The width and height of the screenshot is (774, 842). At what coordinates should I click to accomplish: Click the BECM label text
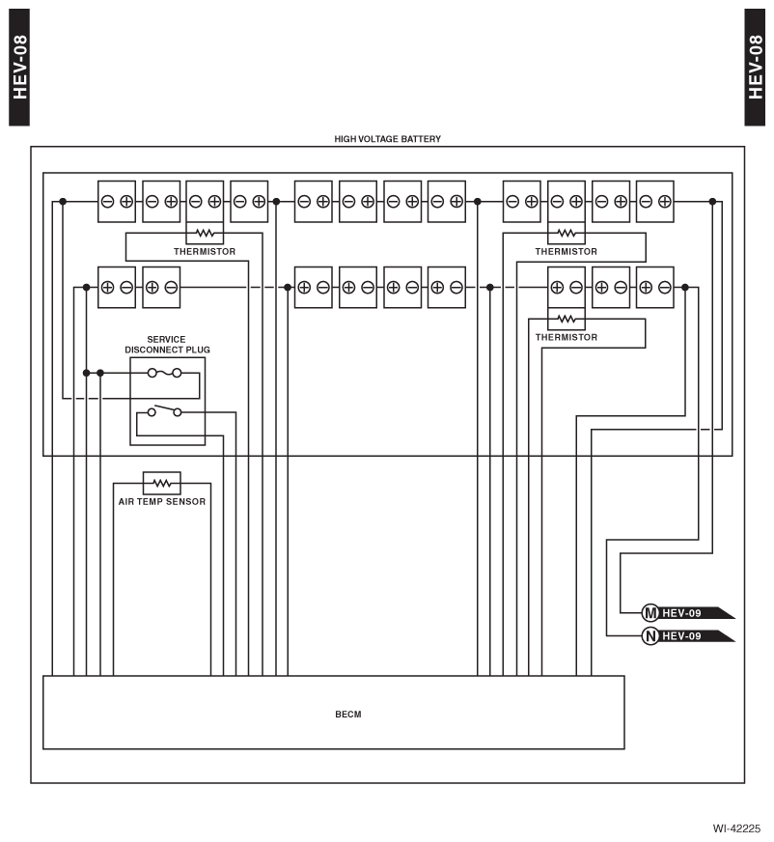click(347, 715)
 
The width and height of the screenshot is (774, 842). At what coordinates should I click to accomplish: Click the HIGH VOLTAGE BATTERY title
click(388, 138)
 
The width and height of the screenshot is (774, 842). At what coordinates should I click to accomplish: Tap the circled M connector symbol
click(650, 613)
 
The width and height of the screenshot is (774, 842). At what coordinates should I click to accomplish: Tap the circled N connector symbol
click(650, 636)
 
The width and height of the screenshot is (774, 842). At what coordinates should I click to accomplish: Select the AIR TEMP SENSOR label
click(161, 501)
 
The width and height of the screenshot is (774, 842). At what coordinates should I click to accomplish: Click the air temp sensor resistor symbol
click(161, 484)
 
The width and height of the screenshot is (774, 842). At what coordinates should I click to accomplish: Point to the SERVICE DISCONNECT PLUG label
click(167, 344)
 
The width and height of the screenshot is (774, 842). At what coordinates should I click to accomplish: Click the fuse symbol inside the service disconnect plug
click(164, 372)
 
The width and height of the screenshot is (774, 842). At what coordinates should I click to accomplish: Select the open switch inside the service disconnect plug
click(164, 410)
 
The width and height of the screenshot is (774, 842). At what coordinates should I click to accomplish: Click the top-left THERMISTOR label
click(205, 251)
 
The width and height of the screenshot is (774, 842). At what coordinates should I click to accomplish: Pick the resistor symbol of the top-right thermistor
click(567, 233)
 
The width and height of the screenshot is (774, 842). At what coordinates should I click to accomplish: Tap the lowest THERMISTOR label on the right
click(567, 337)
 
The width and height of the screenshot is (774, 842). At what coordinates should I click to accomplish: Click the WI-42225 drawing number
click(736, 828)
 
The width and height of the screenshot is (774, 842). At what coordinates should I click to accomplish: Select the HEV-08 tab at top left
click(19, 68)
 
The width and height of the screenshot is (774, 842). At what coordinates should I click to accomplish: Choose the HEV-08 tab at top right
click(755, 68)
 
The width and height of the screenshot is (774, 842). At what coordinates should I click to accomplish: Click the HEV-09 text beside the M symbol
click(681, 613)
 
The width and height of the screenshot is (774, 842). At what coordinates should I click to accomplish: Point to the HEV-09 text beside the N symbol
click(681, 636)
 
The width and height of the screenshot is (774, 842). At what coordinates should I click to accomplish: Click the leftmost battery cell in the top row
click(117, 202)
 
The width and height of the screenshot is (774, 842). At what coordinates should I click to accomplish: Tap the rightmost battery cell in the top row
click(655, 202)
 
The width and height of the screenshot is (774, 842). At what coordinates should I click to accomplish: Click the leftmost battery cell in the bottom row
click(117, 288)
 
